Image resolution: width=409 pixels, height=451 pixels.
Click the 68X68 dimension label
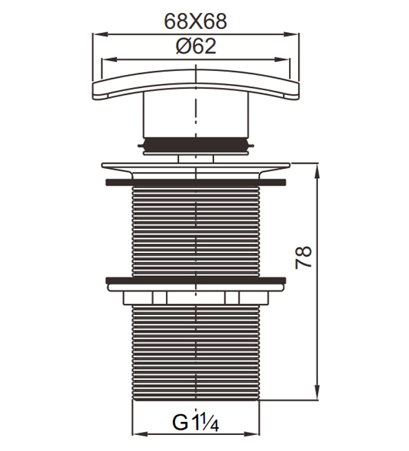[195, 21]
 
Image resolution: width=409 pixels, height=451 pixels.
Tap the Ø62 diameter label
[196, 47]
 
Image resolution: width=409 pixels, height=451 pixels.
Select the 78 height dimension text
[304, 257]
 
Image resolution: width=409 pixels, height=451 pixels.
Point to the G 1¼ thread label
[196, 422]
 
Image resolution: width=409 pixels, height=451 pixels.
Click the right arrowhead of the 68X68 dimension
[291, 34]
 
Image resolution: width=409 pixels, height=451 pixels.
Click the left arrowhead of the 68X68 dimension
[100, 34]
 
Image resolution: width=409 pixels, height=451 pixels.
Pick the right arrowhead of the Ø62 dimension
[281, 60]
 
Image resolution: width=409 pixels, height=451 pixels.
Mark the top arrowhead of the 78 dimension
[317, 171]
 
